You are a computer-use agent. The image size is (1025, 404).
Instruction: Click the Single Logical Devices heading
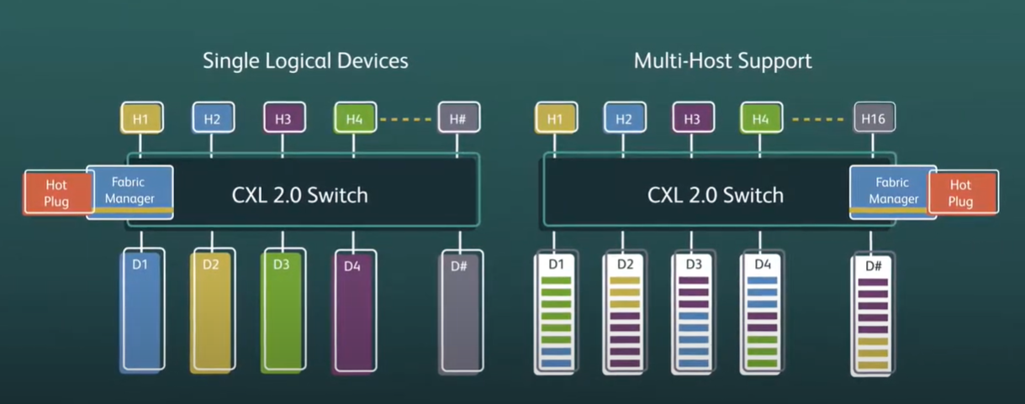pyautogui.click(x=305, y=60)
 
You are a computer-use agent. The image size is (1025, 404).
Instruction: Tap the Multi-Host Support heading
pyautogui.click(x=722, y=60)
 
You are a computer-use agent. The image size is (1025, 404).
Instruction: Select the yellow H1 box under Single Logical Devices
pyautogui.click(x=140, y=119)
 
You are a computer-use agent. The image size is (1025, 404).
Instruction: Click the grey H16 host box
pyautogui.click(x=874, y=119)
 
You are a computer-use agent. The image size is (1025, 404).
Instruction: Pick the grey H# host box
pyautogui.click(x=458, y=119)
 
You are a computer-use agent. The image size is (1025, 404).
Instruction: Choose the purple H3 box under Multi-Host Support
pyautogui.click(x=692, y=119)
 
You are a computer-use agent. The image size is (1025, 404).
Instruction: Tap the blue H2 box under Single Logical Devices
pyautogui.click(x=212, y=119)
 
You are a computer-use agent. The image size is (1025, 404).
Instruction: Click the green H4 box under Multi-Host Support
pyautogui.click(x=760, y=119)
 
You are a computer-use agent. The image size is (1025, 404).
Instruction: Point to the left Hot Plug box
pyautogui.click(x=56, y=192)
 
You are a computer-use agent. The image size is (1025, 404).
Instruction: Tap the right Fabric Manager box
pyautogui.click(x=893, y=191)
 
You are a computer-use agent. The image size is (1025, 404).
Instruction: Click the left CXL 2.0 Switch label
pyautogui.click(x=300, y=195)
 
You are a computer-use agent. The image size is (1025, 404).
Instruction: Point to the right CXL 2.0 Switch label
pyautogui.click(x=716, y=195)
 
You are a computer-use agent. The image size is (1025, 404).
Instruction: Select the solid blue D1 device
pyautogui.click(x=140, y=311)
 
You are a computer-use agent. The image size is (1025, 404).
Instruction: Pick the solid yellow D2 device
pyautogui.click(x=211, y=311)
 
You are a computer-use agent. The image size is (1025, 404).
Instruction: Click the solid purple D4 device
pyautogui.click(x=352, y=311)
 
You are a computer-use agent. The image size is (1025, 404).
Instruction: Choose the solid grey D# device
pyautogui.click(x=461, y=311)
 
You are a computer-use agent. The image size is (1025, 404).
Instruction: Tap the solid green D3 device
pyautogui.click(x=282, y=311)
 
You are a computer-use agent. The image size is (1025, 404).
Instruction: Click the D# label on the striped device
pyautogui.click(x=874, y=266)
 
